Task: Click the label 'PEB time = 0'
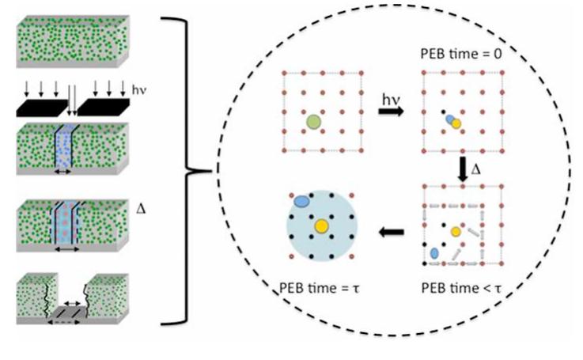click(x=461, y=54)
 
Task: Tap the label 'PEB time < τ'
click(x=461, y=288)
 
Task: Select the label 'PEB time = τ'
click(x=320, y=288)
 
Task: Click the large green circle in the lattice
click(x=314, y=122)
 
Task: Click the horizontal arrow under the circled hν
click(x=391, y=112)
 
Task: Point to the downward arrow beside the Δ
click(x=462, y=169)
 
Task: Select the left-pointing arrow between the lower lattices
click(x=391, y=233)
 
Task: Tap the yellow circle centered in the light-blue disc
click(x=321, y=226)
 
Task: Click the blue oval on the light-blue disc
click(x=301, y=201)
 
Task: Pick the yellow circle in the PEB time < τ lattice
click(x=456, y=232)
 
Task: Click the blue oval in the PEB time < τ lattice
click(x=434, y=254)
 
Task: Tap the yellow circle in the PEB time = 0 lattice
click(x=456, y=123)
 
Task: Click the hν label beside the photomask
click(x=139, y=90)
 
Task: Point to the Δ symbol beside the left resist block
click(x=141, y=209)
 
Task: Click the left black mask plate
click(x=43, y=108)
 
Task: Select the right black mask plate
click(x=104, y=107)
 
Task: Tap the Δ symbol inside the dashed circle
click(x=475, y=169)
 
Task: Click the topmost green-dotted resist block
click(x=73, y=41)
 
